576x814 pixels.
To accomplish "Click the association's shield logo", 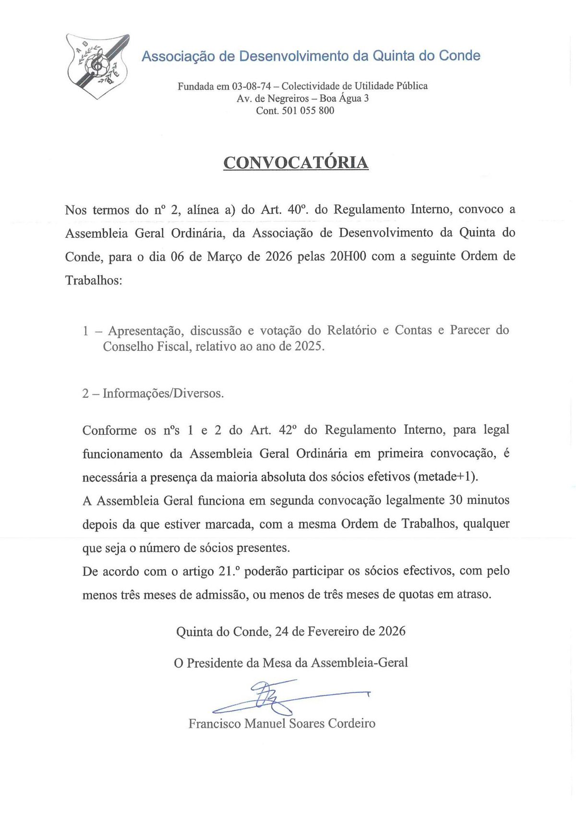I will [98, 66].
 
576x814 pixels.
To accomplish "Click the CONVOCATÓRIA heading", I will [296, 162].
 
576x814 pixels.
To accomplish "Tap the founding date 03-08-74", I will [252, 86].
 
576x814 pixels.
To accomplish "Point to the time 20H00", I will [348, 256].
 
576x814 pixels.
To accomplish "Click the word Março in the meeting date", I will [225, 257].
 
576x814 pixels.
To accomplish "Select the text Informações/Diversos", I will [163, 394].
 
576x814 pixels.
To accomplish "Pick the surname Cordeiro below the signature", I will [351, 723].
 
